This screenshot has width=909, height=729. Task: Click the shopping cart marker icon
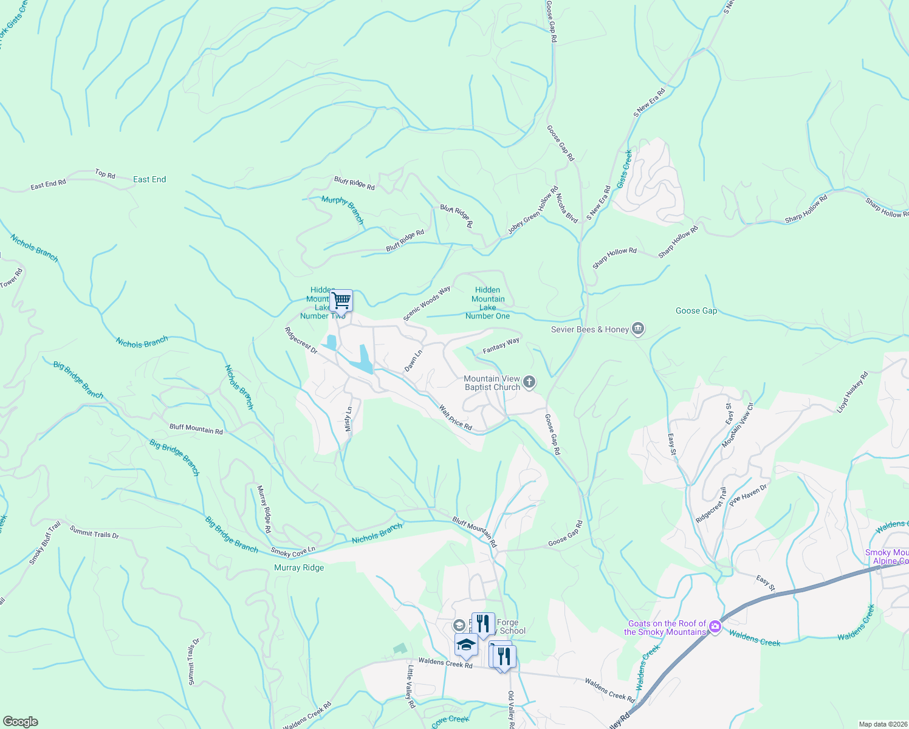tap(341, 300)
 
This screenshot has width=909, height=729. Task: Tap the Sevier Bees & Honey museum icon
tap(637, 329)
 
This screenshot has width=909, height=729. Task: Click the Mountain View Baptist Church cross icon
tap(529, 382)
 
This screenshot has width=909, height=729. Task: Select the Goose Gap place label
tap(696, 310)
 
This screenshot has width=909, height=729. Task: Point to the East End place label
tap(149, 179)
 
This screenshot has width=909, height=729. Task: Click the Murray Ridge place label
tap(299, 567)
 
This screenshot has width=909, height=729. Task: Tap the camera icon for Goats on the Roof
tap(715, 627)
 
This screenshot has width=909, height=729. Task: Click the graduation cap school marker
tap(466, 645)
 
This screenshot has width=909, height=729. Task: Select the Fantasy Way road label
tap(501, 346)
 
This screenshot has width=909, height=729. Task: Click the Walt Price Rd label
tap(456, 418)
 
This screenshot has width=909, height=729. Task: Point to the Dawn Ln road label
tap(413, 361)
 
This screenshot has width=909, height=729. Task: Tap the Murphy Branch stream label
tap(343, 210)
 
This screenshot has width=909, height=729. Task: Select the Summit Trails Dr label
tap(94, 532)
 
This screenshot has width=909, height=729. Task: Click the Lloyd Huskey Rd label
tap(852, 392)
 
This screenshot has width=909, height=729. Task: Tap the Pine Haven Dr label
tap(749, 496)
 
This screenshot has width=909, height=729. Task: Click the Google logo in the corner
tap(20, 721)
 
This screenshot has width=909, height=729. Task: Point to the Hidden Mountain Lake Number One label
tap(487, 303)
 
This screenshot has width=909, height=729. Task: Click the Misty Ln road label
tap(348, 419)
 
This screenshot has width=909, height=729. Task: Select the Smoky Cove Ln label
tap(293, 552)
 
